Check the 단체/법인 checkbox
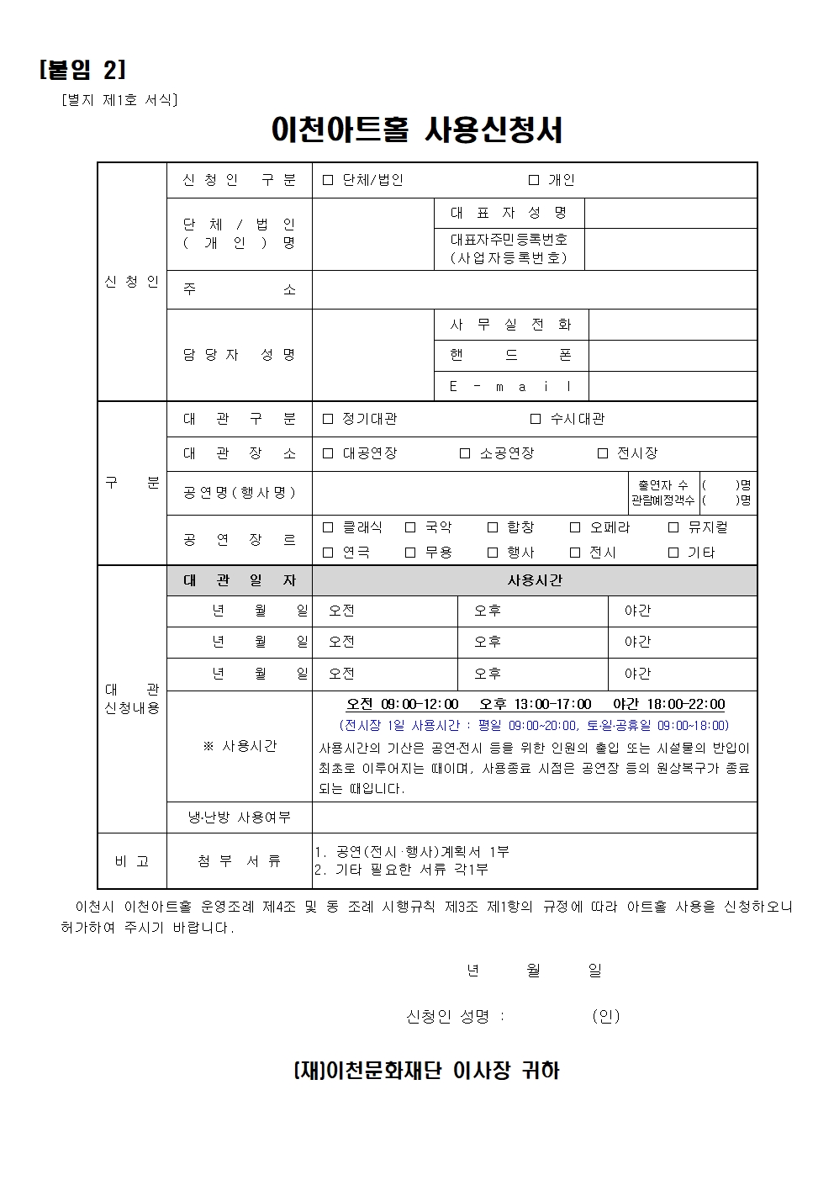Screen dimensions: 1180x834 (x=328, y=180)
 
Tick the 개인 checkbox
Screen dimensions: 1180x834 (x=534, y=180)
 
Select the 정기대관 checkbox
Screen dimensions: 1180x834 (x=328, y=419)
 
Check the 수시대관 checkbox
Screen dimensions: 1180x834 (x=536, y=419)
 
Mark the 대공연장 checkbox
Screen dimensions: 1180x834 (x=328, y=453)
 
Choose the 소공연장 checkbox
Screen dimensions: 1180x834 (x=465, y=453)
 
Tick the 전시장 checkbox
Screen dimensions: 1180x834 (x=602, y=453)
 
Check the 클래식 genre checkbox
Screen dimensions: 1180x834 (x=328, y=527)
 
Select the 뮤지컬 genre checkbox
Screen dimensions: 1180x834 (x=673, y=527)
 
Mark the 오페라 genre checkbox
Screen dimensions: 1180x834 (x=575, y=527)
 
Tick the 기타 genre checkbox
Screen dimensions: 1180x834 (x=673, y=553)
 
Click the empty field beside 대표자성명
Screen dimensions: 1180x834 (x=670, y=213)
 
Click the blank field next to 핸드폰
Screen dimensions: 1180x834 (x=672, y=355)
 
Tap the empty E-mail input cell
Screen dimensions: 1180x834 (x=672, y=386)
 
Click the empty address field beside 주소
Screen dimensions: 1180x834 (x=534, y=289)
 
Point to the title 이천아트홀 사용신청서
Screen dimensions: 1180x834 (x=417, y=130)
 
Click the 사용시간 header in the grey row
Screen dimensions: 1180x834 (x=535, y=580)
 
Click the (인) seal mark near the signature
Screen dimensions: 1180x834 (x=605, y=1016)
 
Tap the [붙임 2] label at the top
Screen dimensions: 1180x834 (x=82, y=70)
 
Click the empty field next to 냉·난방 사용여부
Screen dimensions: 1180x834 (x=534, y=817)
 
